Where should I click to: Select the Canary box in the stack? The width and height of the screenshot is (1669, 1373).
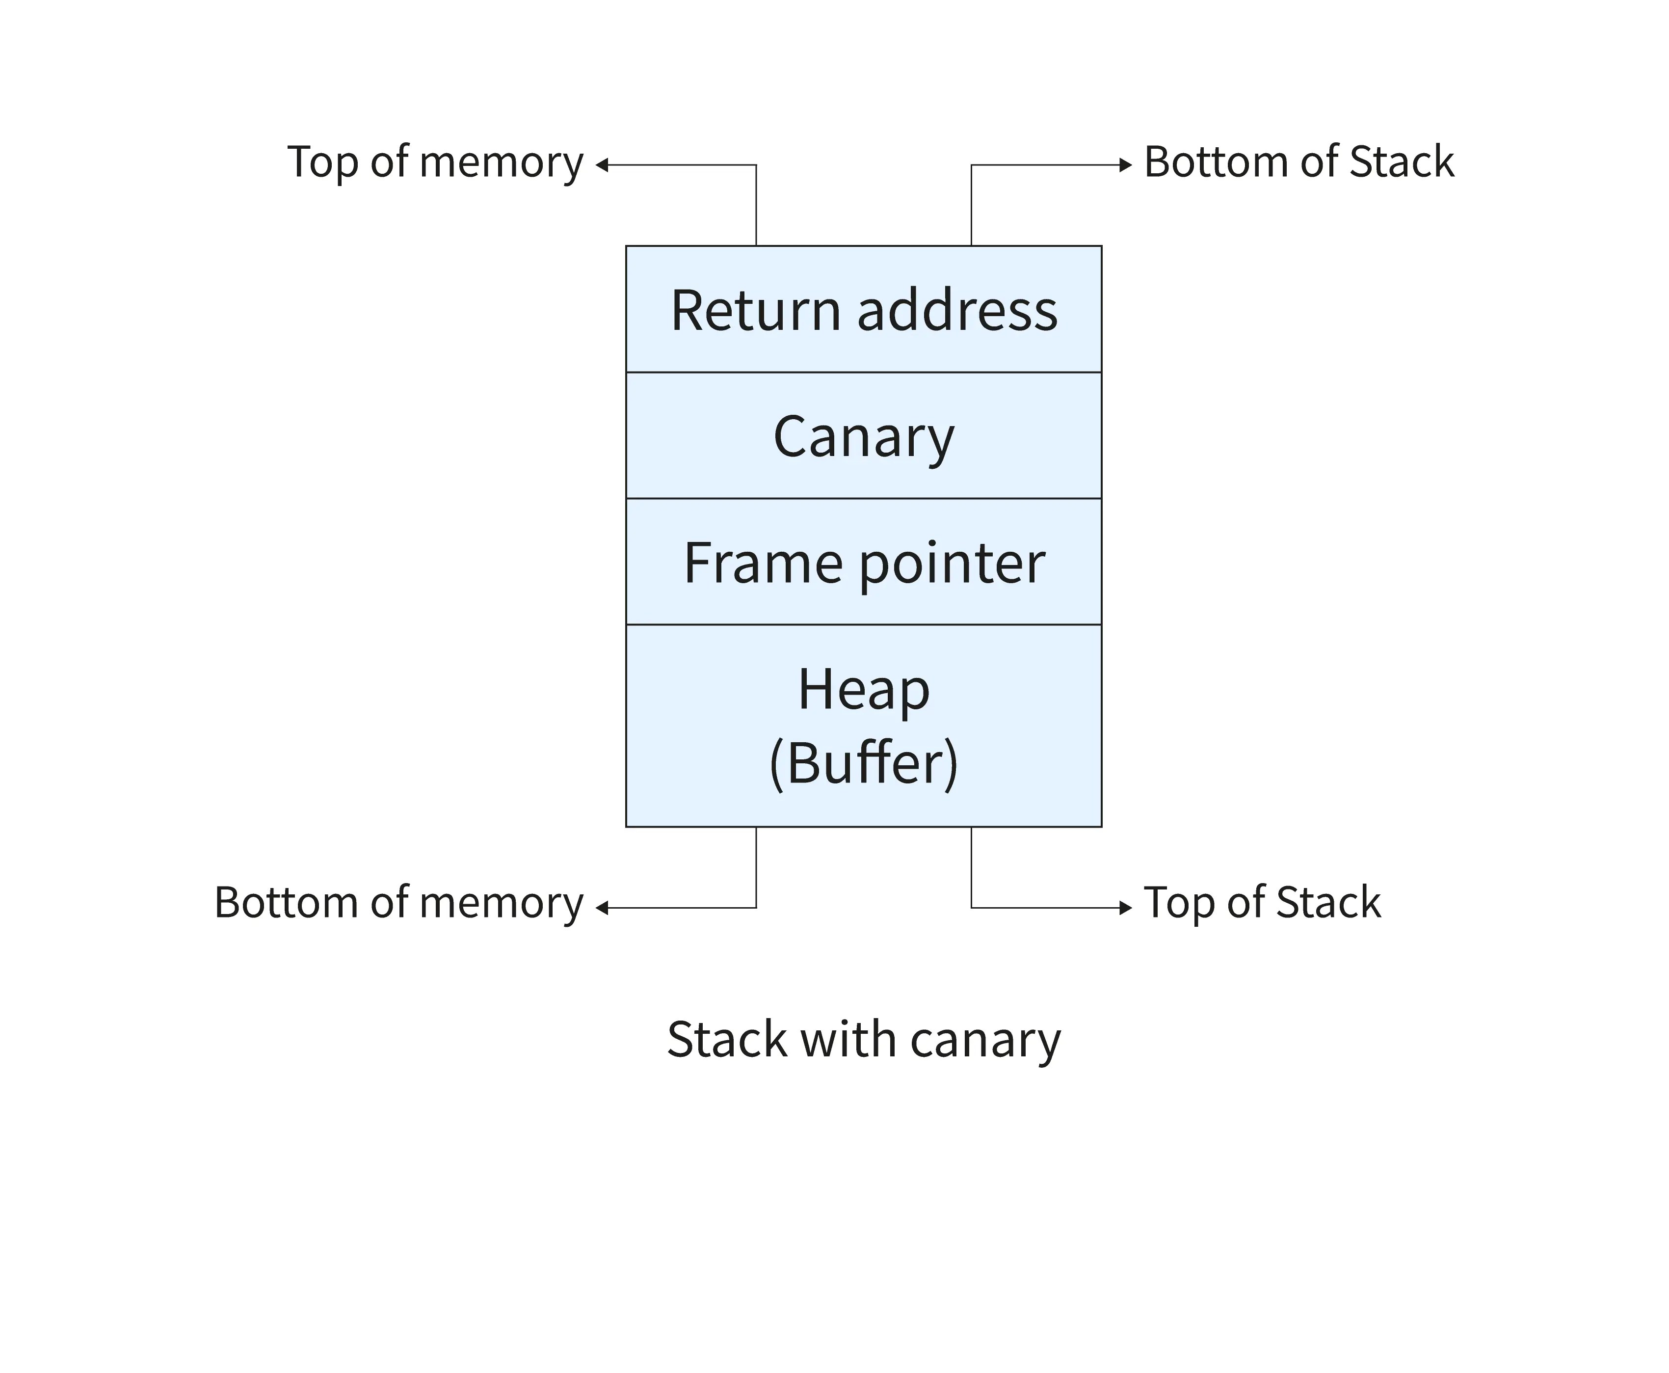pyautogui.click(x=863, y=436)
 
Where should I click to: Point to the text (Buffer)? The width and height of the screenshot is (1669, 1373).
pyautogui.click(x=863, y=763)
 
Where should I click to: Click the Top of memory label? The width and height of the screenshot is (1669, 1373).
pyautogui.click(x=435, y=162)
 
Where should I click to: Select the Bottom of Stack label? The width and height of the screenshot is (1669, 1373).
pyautogui.click(x=1298, y=162)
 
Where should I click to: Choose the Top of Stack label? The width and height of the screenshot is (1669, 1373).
pyautogui.click(x=1262, y=902)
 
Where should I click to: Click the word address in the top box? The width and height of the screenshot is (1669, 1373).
pyautogui.click(x=956, y=310)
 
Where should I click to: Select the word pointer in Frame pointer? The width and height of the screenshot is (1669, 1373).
pyautogui.click(x=952, y=563)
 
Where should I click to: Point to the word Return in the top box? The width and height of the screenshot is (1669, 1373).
pyautogui.click(x=755, y=310)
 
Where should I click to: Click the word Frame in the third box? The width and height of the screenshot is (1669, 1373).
pyautogui.click(x=763, y=563)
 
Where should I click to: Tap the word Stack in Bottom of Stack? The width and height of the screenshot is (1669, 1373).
pyautogui.click(x=1401, y=162)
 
